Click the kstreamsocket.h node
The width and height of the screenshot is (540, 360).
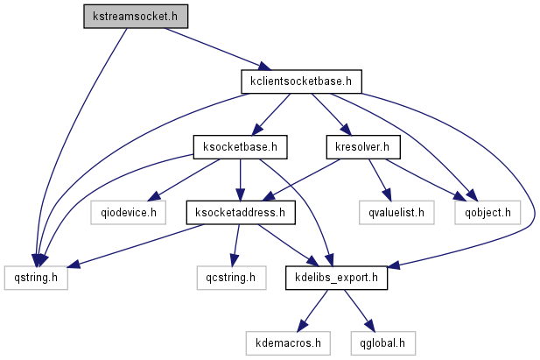[136, 16]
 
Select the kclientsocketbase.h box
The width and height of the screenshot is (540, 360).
[301, 82]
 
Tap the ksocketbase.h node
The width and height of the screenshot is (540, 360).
[240, 145]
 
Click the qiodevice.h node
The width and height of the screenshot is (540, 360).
[129, 211]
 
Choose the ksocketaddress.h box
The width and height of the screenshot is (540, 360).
[241, 211]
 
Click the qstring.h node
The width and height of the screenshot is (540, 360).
[34, 278]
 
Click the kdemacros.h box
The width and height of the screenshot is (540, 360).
[287, 342]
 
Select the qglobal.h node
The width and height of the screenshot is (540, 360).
[382, 342]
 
